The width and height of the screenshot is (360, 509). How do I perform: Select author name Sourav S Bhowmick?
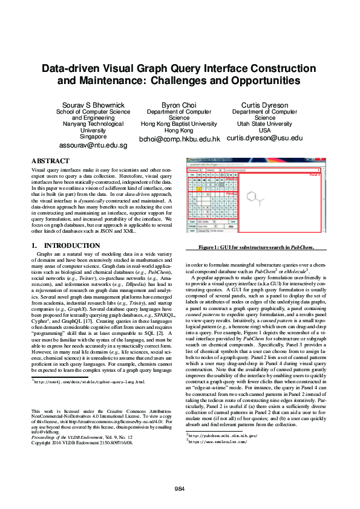click(93, 105)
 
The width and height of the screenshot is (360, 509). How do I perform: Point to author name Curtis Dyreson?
click(264, 105)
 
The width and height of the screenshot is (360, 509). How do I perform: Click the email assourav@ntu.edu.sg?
click(93, 146)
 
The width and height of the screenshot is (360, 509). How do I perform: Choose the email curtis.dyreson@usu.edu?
click(264, 138)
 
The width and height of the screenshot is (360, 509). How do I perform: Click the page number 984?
click(180, 488)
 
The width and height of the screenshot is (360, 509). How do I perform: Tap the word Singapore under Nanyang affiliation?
click(93, 137)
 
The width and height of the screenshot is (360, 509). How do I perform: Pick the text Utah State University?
click(264, 124)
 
